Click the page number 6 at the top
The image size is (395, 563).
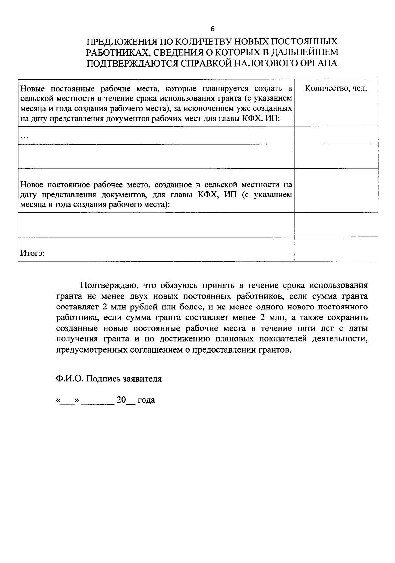[212, 29]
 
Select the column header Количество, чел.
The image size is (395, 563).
[336, 88]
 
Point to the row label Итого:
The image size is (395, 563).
[32, 253]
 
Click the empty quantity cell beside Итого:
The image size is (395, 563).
[336, 249]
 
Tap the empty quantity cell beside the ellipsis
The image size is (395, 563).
[336, 135]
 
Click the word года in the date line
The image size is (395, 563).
[146, 400]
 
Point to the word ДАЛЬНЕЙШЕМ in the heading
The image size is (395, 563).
[306, 52]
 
